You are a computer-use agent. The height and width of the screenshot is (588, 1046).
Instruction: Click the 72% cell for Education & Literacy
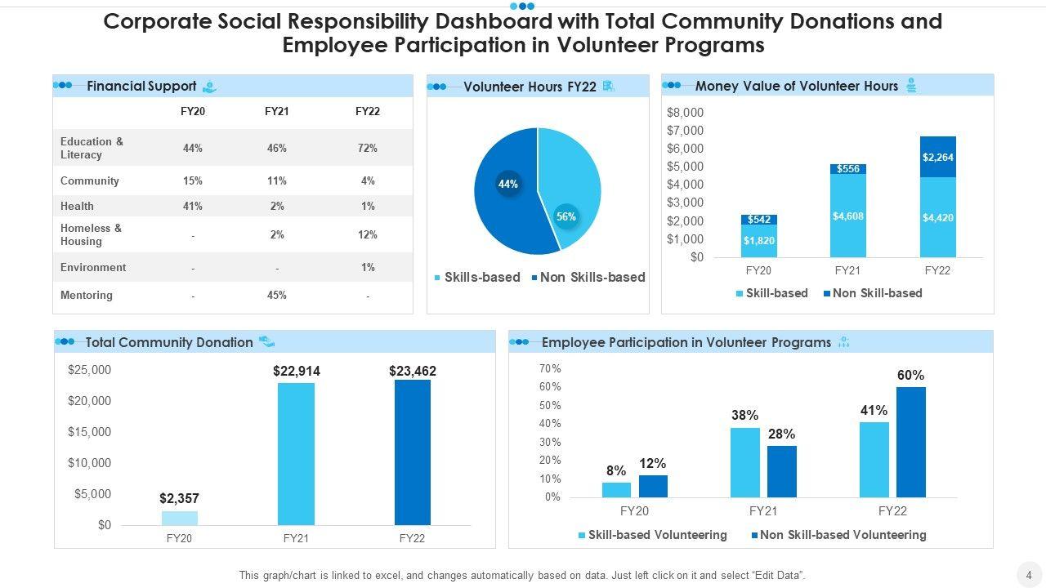pos(368,148)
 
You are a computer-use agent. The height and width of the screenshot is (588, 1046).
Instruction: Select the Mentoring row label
pos(87,295)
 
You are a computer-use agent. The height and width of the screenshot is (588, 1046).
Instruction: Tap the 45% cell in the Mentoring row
pos(277,295)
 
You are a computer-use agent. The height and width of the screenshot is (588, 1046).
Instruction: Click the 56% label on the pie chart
pos(566,216)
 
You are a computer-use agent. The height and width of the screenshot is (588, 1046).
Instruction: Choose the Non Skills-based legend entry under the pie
pos(588,277)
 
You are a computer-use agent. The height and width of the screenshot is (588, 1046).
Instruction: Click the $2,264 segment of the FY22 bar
pos(937,158)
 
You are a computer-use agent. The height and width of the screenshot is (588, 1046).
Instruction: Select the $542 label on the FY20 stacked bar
pos(759,220)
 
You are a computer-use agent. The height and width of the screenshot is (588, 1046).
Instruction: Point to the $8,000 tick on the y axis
pos(685,113)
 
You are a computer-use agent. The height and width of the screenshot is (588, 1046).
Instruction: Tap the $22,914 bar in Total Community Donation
pos(296,454)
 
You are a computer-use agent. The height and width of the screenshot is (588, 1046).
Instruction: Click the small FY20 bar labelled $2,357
pos(180,518)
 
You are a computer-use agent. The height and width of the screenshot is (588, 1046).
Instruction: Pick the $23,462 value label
pos(413,371)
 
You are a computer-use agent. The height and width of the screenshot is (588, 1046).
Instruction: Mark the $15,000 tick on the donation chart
pos(89,432)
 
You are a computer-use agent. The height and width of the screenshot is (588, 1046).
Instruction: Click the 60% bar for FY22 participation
pos(911,442)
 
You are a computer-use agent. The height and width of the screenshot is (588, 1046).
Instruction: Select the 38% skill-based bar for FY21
pos(745,462)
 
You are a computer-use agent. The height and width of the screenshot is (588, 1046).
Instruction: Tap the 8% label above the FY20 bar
pos(616,471)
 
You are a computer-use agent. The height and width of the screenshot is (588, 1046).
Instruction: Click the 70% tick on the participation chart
pos(550,368)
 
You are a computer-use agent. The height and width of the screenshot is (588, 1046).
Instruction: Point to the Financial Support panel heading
pos(141,86)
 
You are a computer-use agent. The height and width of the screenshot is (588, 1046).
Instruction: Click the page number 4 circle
pos(1029,572)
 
